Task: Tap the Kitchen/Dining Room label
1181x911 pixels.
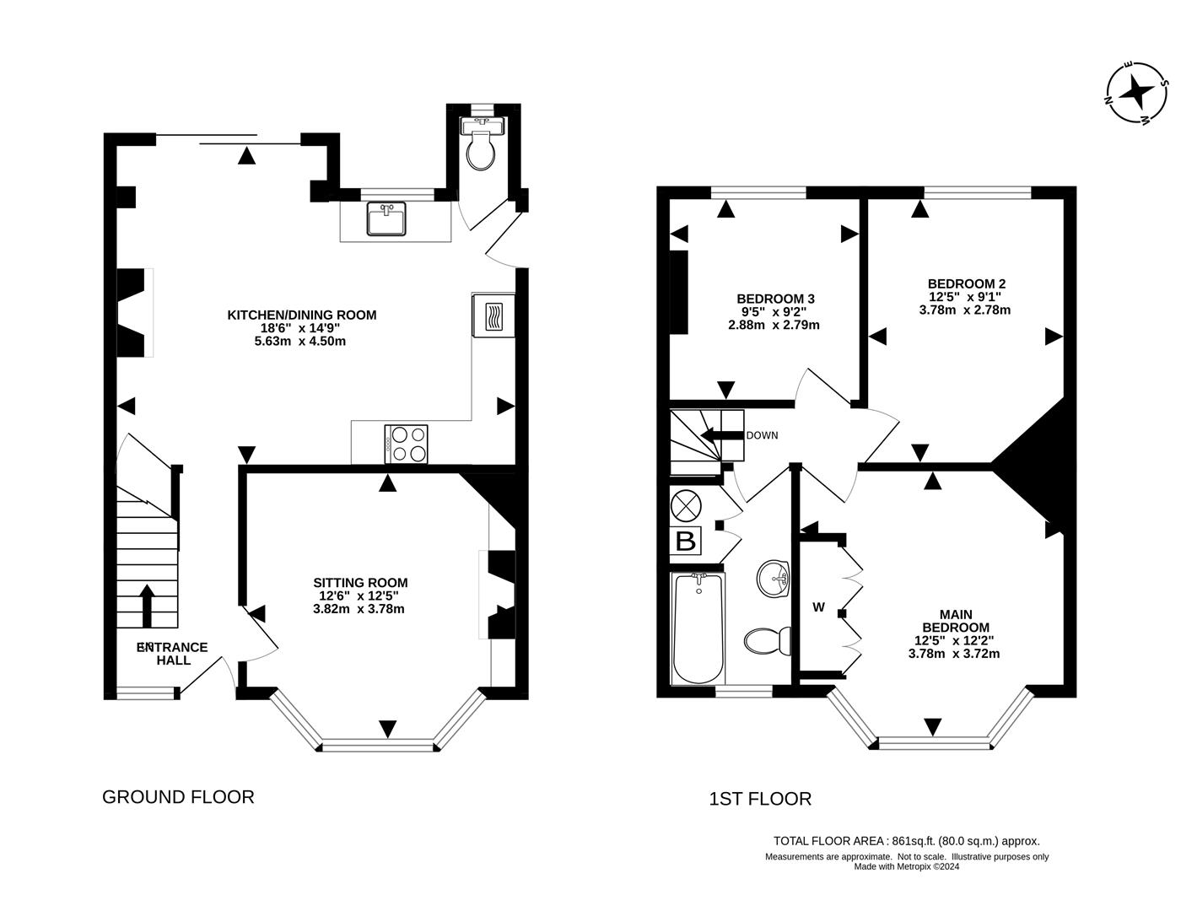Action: (301, 315)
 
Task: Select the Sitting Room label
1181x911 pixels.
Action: (360, 583)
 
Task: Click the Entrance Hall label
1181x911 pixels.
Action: (173, 654)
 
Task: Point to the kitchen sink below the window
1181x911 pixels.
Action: (387, 218)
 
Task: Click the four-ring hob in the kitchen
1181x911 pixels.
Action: (407, 445)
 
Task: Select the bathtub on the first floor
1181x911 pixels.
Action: (698, 628)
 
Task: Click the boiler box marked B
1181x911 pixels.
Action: (686, 541)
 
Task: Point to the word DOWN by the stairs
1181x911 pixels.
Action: (762, 435)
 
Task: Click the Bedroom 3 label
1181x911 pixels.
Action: (775, 299)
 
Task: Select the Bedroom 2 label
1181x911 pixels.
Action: (966, 284)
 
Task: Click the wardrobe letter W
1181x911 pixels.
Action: (818, 607)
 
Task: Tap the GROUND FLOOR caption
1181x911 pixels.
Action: (178, 796)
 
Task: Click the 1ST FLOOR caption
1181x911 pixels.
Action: (760, 799)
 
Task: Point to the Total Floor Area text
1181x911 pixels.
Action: (907, 841)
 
